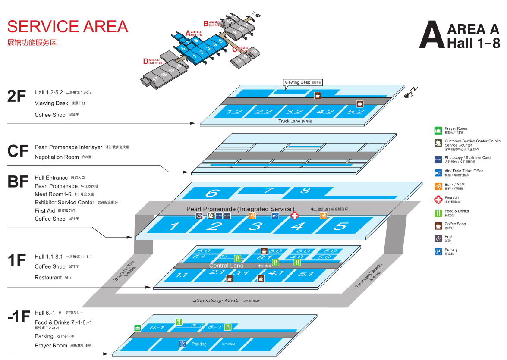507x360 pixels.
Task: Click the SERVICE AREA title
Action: pos(68,27)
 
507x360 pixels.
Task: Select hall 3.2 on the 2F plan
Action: pos(294,112)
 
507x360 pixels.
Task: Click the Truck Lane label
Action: pos(289,121)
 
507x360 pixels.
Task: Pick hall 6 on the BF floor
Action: pos(211,193)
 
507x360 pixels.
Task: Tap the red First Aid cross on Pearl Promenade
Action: pos(294,216)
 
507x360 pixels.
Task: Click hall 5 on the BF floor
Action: pos(341,226)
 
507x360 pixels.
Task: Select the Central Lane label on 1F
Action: pos(227,266)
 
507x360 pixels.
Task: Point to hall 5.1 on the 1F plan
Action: pos(305,274)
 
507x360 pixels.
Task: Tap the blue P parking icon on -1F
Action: pos(183,344)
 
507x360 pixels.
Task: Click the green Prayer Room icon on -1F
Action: pos(137,328)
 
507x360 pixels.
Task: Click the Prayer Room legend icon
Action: pos(438,130)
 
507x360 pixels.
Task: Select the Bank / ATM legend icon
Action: pos(438,186)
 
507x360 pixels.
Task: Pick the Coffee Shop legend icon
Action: pos(438,225)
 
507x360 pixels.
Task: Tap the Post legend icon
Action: pos(438,238)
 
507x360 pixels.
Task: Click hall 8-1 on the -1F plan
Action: pos(214,327)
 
